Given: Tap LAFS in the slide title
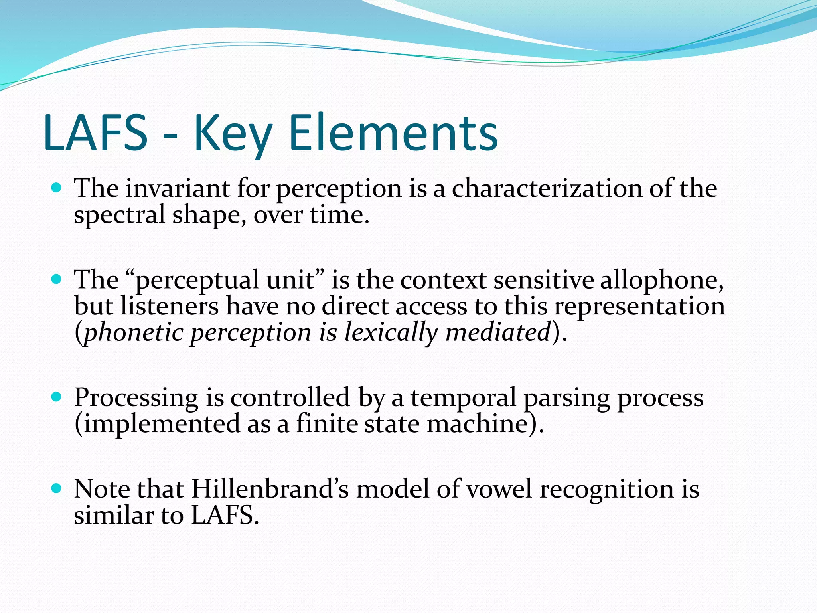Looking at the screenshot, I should click(x=96, y=132).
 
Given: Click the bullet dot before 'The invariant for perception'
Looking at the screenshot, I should click(x=57, y=187).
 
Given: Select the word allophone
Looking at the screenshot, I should click(x=661, y=279).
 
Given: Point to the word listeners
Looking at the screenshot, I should click(x=170, y=306).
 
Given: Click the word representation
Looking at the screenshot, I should click(x=639, y=306).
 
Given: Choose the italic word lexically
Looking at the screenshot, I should click(x=391, y=332).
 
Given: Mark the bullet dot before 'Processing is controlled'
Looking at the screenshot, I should click(x=57, y=397).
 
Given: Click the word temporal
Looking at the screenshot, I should click(x=464, y=397).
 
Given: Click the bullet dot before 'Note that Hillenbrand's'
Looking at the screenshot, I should click(x=57, y=488).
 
